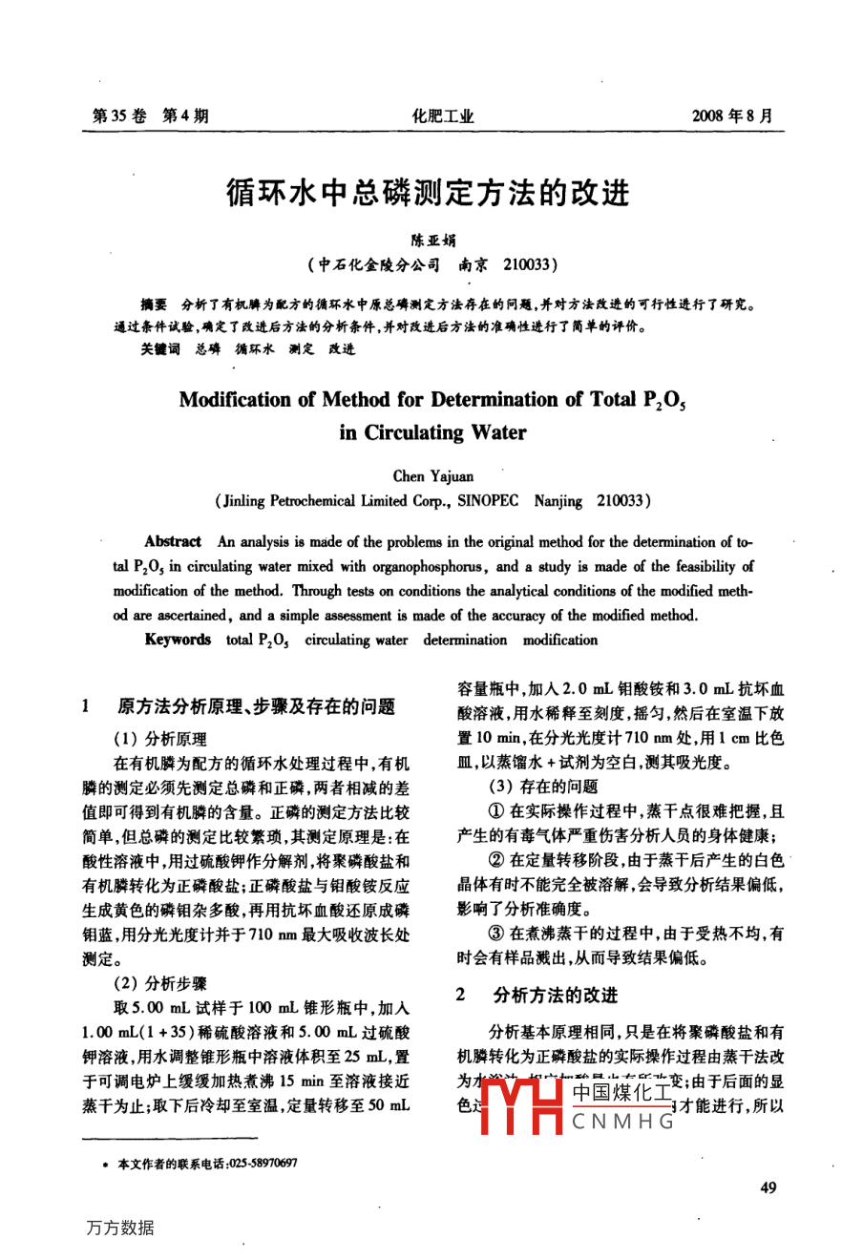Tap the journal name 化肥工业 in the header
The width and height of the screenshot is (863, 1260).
click(442, 116)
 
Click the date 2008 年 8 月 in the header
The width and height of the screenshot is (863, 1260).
click(731, 116)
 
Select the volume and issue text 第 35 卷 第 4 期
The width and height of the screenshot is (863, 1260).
click(151, 116)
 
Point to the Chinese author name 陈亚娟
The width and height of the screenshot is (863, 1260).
click(432, 241)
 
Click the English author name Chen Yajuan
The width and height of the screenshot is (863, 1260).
click(432, 475)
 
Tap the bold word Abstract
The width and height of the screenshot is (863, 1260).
click(173, 541)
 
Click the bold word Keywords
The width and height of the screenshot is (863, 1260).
click(178, 640)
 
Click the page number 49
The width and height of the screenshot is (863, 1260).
click(768, 1187)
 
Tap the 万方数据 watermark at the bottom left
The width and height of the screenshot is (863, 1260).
click(119, 1228)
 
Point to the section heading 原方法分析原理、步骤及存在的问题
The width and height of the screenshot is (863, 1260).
click(256, 707)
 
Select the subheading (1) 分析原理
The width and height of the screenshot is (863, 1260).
click(159, 739)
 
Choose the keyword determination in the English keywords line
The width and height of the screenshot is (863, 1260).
click(465, 640)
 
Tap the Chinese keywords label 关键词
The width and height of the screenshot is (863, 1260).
click(159, 349)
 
